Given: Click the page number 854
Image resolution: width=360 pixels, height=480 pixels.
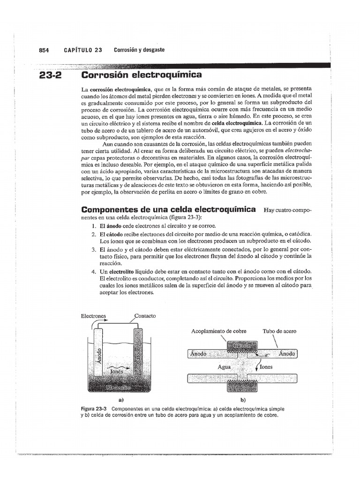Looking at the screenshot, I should (x=44, y=50).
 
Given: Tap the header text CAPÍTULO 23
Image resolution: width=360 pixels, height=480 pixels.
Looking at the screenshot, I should (x=82, y=50).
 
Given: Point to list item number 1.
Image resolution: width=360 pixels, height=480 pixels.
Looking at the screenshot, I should (x=94, y=225).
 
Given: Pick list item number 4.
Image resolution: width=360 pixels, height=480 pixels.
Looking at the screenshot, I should (x=94, y=272).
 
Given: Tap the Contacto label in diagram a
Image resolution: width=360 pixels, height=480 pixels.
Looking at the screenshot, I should (x=145, y=316).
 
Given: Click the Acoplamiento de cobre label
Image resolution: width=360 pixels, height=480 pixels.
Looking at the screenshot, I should (x=218, y=331).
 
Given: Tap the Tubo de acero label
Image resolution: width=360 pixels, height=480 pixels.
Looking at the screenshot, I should (x=279, y=331).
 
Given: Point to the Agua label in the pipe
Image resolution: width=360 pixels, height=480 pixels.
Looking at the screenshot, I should (x=224, y=367).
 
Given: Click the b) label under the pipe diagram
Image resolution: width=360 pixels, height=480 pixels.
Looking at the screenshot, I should (x=243, y=400).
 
